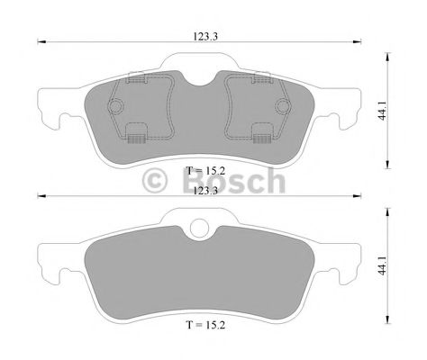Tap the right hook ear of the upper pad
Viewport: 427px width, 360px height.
345,114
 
